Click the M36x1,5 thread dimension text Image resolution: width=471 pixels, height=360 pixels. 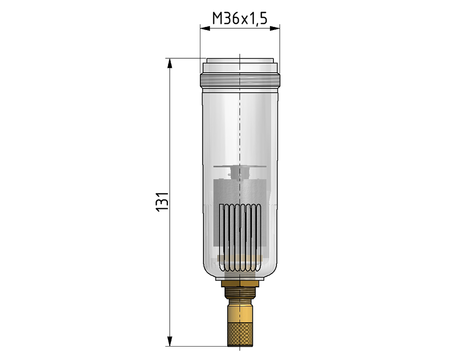coord(240,19)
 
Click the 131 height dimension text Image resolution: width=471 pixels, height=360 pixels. coord(163,201)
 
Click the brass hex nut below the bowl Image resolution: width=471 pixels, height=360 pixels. coord(240,284)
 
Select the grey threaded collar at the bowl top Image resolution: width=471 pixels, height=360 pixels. coord(240,80)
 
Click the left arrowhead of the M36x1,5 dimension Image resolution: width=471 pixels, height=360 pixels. coord(205,29)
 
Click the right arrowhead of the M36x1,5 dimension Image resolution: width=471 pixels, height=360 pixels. coord(275,29)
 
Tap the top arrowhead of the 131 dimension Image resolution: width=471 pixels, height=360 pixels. coord(170,63)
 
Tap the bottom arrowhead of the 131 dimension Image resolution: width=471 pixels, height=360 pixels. coord(170,341)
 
